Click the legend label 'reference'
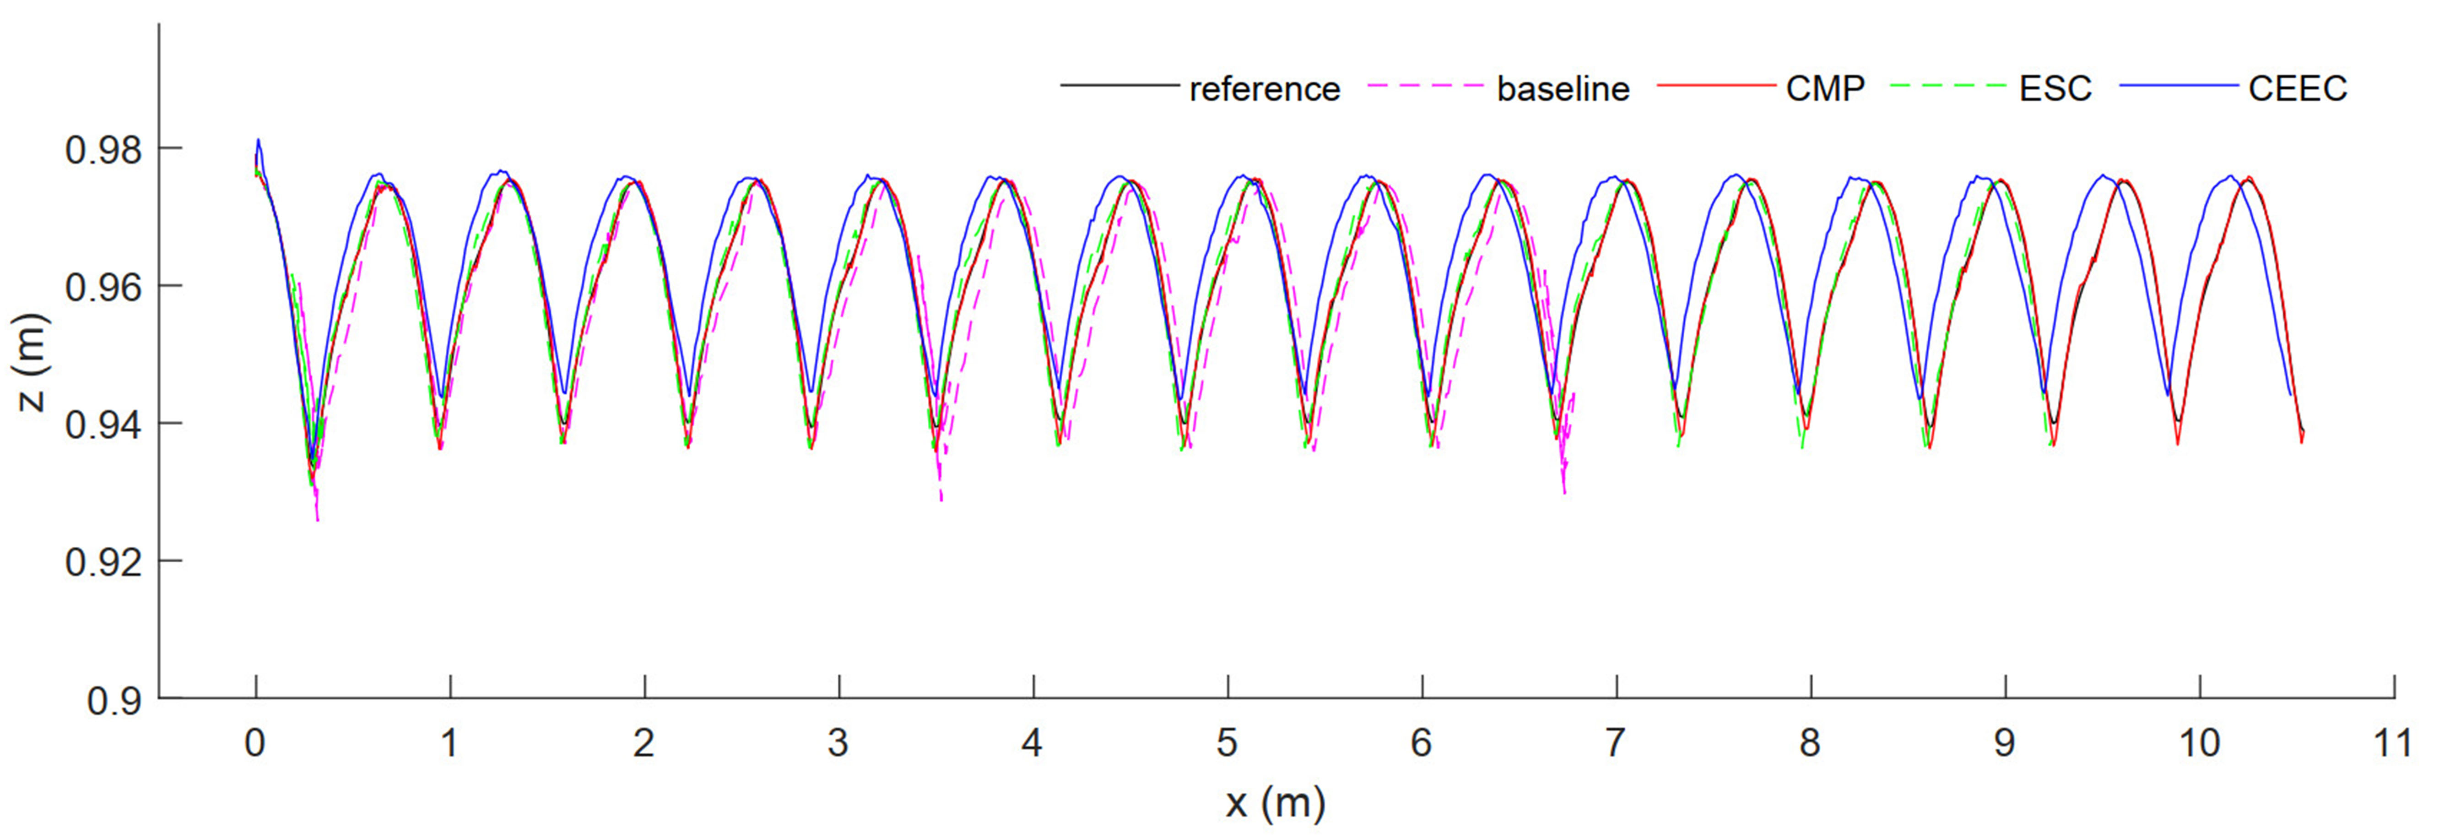[x=1264, y=89]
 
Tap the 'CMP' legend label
[x=1824, y=89]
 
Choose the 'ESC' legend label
[x=2055, y=89]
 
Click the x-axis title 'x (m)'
[x=1276, y=803]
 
